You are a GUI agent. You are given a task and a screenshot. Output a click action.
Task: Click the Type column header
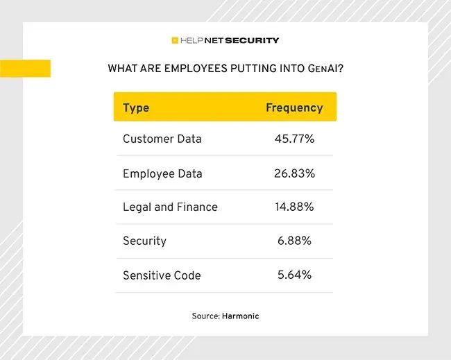click(x=136, y=108)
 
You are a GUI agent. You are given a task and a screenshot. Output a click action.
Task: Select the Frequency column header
click(x=294, y=108)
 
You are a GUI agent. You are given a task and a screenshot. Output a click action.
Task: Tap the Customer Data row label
click(x=162, y=139)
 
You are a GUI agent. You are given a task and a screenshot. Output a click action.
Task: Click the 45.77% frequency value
click(x=294, y=139)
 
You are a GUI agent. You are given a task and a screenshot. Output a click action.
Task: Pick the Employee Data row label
click(x=162, y=174)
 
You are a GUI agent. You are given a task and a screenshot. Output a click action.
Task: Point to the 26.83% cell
click(x=294, y=173)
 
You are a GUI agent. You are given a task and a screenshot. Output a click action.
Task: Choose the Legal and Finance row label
click(x=170, y=207)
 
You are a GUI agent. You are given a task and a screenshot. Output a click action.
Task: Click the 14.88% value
click(x=294, y=207)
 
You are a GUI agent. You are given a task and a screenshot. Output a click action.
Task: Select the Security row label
click(x=145, y=241)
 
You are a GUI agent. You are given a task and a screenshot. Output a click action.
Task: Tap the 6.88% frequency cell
click(x=294, y=241)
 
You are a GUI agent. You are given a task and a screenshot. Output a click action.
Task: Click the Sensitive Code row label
click(x=162, y=275)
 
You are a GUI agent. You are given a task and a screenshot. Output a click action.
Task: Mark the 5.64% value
click(x=294, y=275)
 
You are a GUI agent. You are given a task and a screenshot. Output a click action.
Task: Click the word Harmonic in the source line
click(x=241, y=316)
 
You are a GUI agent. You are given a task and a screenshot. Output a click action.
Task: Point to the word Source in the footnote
click(x=206, y=316)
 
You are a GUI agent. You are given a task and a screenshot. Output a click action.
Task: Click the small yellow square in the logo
click(x=175, y=40)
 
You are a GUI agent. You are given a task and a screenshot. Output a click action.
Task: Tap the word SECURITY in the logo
click(x=252, y=40)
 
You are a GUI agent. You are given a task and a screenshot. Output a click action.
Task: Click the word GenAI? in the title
click(x=325, y=69)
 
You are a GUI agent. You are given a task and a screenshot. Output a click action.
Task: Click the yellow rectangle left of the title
click(x=25, y=69)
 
